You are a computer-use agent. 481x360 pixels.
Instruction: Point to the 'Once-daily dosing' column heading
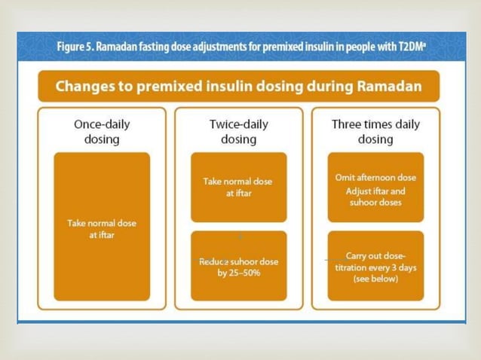point(102,132)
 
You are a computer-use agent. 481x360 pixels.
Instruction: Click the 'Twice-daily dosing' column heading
point(238,132)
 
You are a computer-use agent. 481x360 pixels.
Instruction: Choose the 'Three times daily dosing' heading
point(375,132)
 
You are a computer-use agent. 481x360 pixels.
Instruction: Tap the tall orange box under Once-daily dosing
point(102,227)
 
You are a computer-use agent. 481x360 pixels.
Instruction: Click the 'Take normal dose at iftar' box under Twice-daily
point(238,187)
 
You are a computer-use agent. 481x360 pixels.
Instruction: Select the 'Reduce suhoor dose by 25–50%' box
point(238,267)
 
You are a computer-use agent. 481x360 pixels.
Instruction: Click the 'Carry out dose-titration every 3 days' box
point(375,267)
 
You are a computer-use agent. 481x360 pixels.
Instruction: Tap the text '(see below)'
point(375,278)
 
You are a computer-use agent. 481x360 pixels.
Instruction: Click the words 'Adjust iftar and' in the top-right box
point(375,191)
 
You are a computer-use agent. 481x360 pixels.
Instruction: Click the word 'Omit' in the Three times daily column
point(346,178)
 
